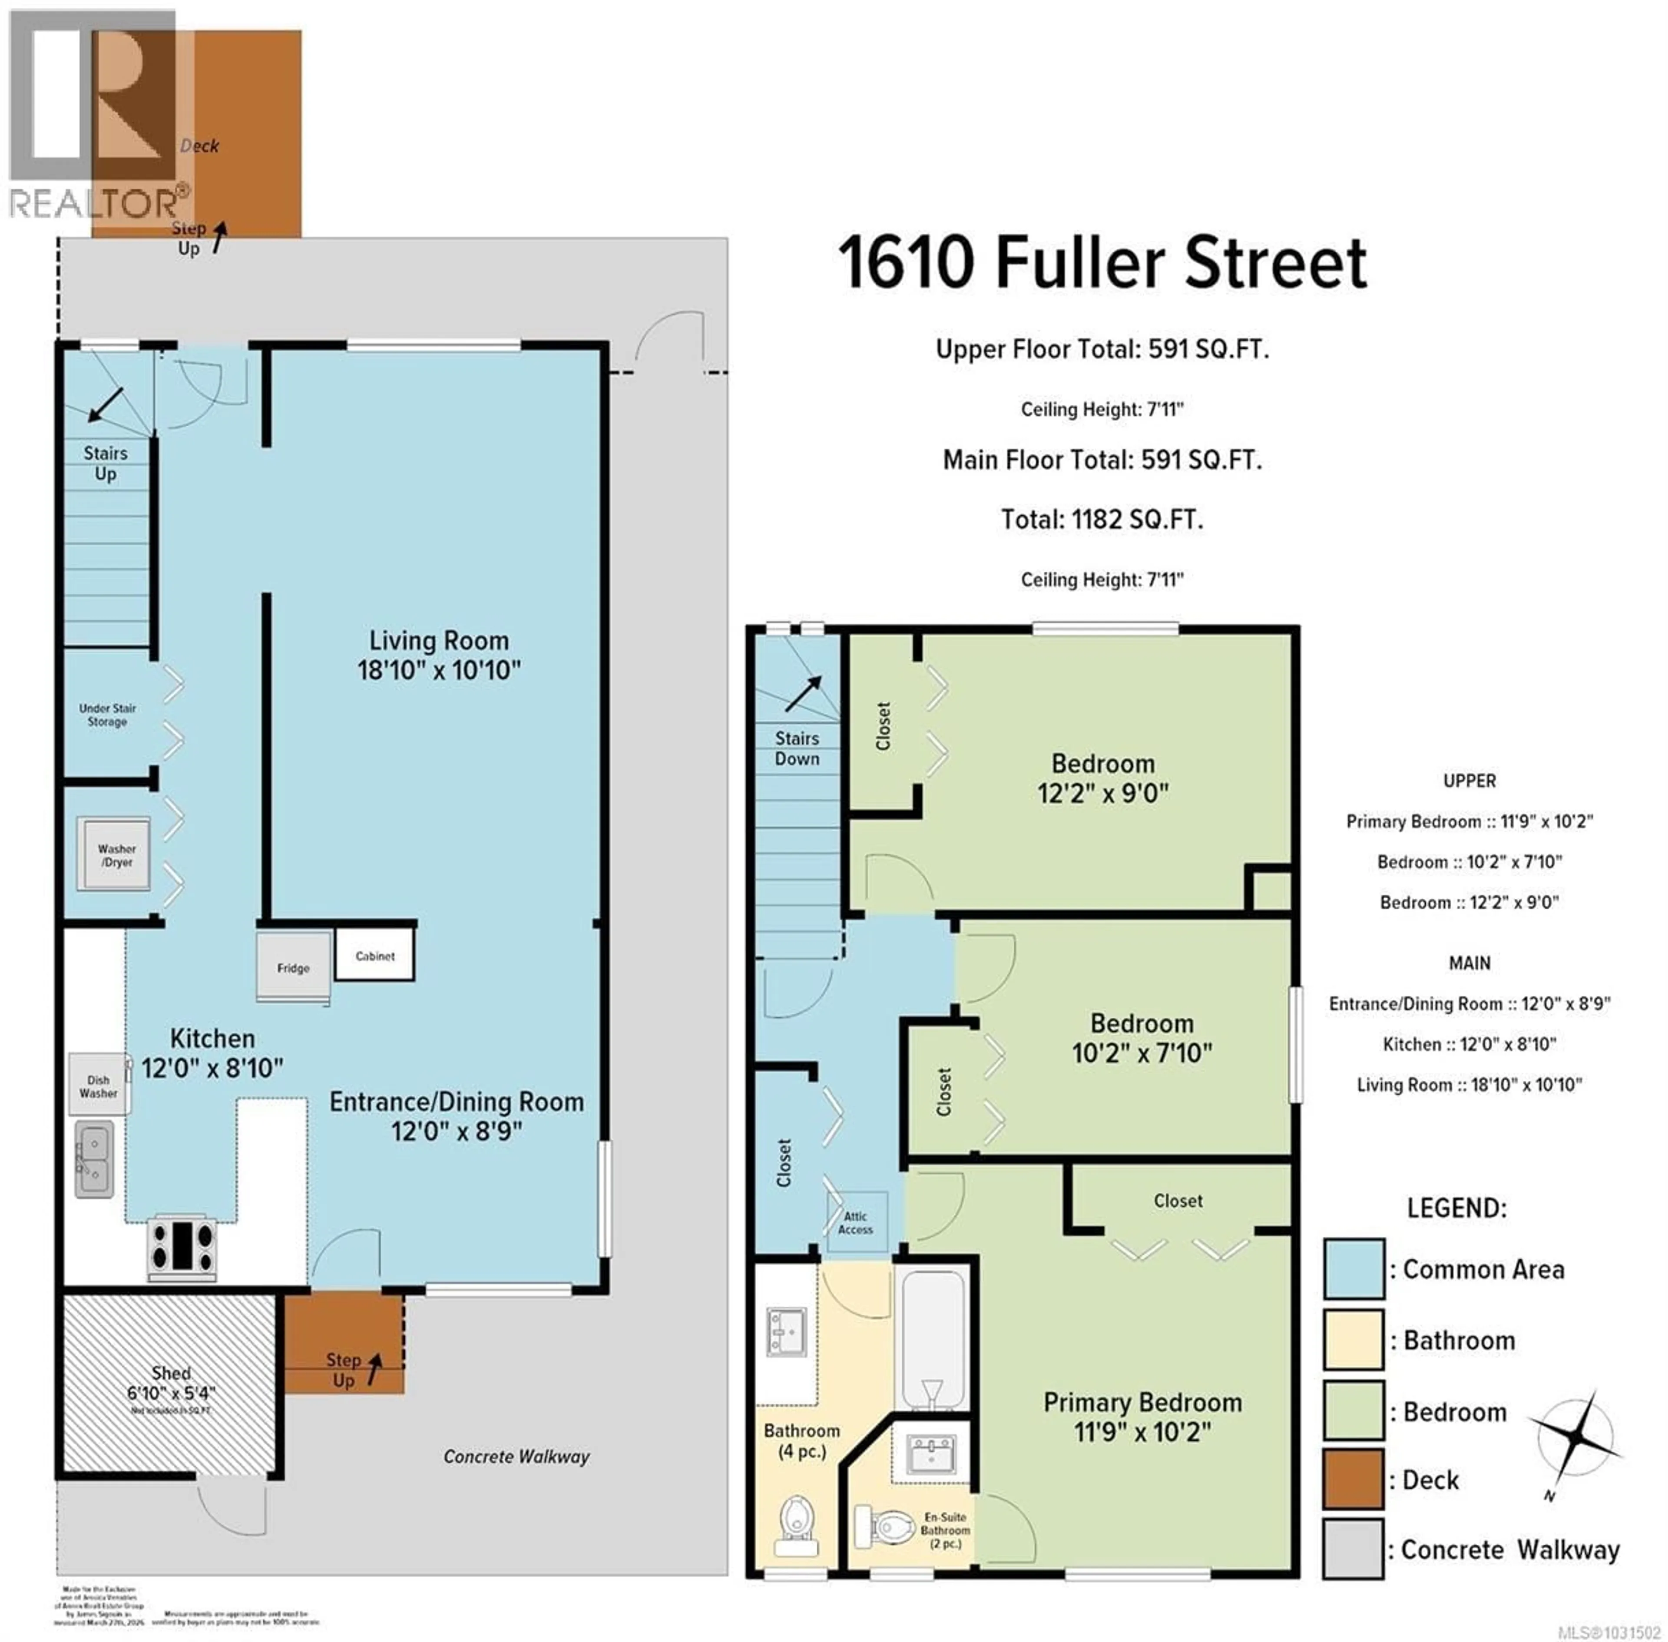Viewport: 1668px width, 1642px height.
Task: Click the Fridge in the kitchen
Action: click(293, 967)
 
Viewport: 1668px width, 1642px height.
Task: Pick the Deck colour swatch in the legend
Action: click(1353, 1480)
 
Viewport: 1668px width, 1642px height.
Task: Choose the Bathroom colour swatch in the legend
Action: click(1353, 1339)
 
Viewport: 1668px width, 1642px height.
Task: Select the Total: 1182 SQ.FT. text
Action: click(1102, 519)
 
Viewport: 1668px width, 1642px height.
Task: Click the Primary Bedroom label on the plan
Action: click(1142, 1402)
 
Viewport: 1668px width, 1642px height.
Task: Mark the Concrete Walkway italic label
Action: click(516, 1457)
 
